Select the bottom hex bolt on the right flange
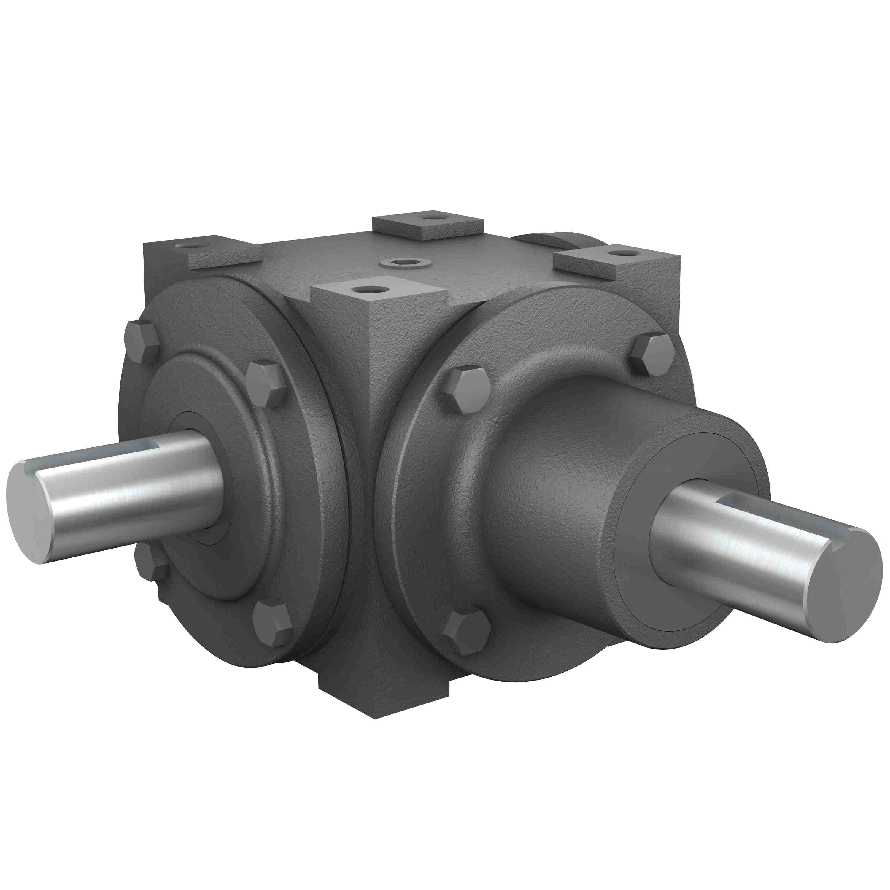[467, 632]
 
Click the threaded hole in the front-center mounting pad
[369, 290]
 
